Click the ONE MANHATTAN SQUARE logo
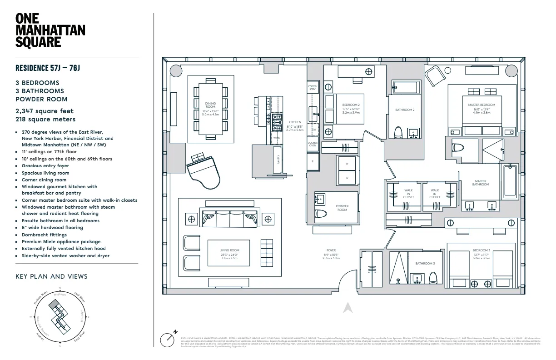coord(50,30)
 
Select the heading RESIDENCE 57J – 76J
coord(48,68)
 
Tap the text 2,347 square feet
coord(45,111)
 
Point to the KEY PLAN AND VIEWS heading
coord(51,276)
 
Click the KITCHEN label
coord(295,122)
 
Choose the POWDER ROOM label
coord(342,208)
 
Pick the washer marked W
coord(347,163)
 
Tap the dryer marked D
coord(347,177)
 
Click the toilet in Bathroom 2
coord(398,132)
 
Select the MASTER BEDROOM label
coord(482,105)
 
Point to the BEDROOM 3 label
coord(481,250)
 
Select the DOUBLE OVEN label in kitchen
coord(313,144)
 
